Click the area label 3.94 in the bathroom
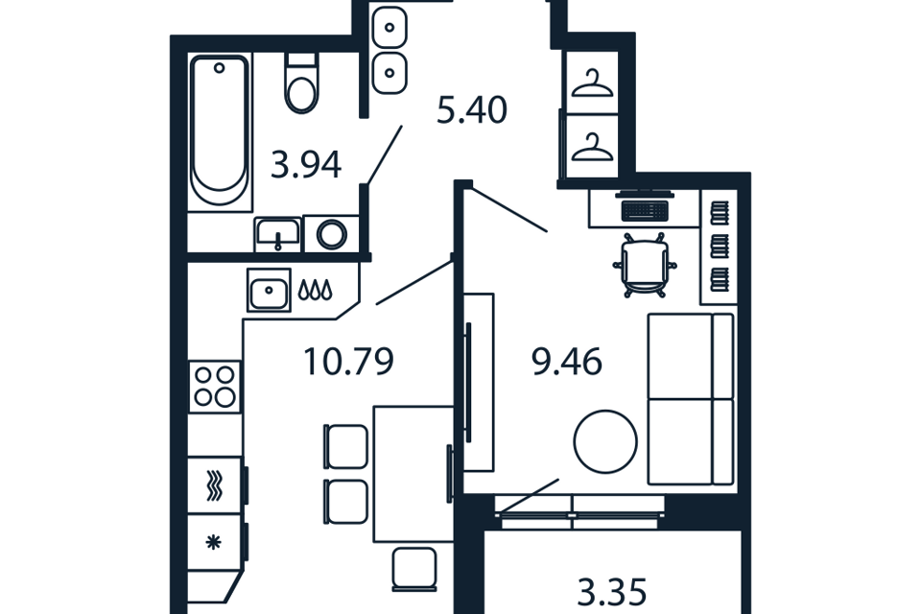306,165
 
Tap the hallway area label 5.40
472,110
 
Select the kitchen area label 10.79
349,362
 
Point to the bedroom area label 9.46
567,362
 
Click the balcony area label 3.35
612,592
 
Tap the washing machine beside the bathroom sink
331,234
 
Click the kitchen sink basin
269,291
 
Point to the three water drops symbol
316,290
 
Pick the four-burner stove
214,387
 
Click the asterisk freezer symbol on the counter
214,542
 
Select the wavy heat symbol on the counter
214,486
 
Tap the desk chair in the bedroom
645,265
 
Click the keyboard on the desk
645,210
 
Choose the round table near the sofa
605,441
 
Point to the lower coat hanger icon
592,147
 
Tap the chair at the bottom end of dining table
414,568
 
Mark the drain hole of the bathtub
219,68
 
